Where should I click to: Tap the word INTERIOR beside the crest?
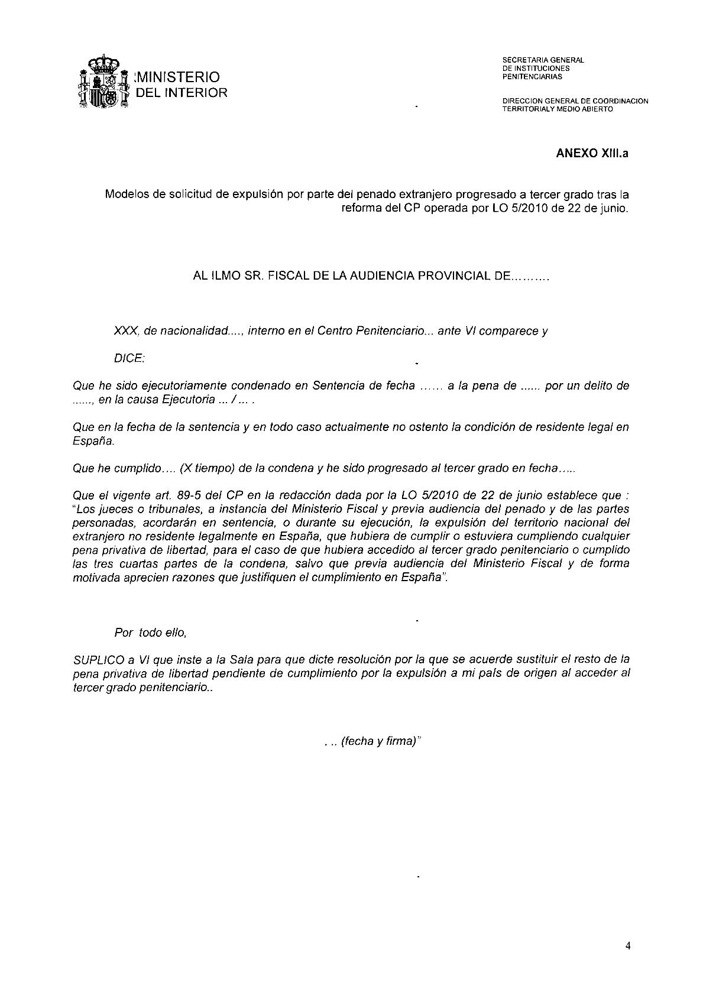[199, 93]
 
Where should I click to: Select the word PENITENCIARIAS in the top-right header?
[532, 77]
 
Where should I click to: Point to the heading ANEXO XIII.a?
[592, 154]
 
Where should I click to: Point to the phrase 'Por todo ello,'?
[151, 633]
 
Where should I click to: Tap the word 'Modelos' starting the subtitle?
[126, 195]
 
